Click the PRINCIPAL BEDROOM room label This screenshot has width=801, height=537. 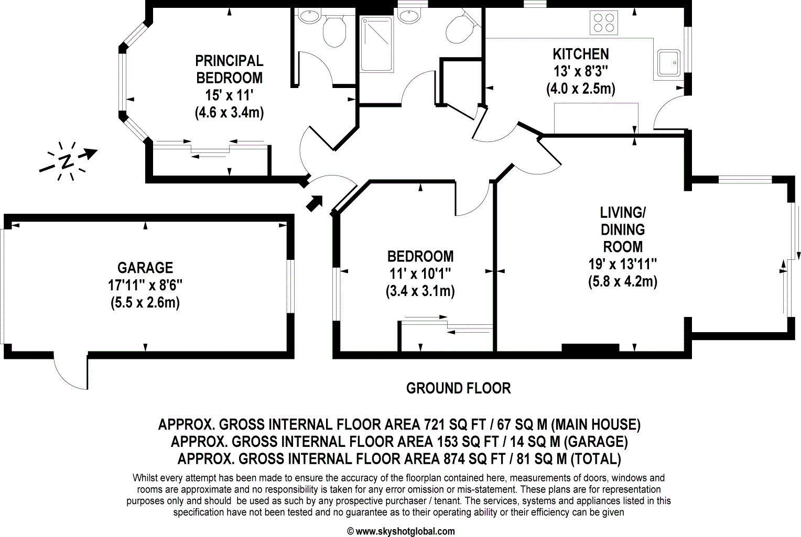pyautogui.click(x=229, y=69)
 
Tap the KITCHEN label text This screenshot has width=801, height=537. pyautogui.click(x=581, y=54)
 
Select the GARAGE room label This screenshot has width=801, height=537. pyautogui.click(x=145, y=268)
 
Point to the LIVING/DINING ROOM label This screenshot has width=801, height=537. pyautogui.click(x=623, y=229)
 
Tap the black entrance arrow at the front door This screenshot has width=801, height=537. pyautogui.click(x=314, y=202)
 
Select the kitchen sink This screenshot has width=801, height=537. pyautogui.click(x=668, y=63)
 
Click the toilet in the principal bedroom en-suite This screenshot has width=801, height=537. pyautogui.click(x=333, y=30)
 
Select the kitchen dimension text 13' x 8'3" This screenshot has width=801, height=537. pyautogui.click(x=581, y=71)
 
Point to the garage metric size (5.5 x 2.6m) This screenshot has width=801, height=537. pyautogui.click(x=145, y=303)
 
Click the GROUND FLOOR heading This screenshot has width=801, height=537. pyautogui.click(x=458, y=388)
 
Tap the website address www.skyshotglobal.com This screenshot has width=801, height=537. pyautogui.click(x=405, y=531)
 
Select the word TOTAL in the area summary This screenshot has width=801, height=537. pyautogui.click(x=596, y=459)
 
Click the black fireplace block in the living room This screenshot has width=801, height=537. pyautogui.click(x=590, y=347)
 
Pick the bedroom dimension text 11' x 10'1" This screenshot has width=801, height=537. pyautogui.click(x=420, y=273)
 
